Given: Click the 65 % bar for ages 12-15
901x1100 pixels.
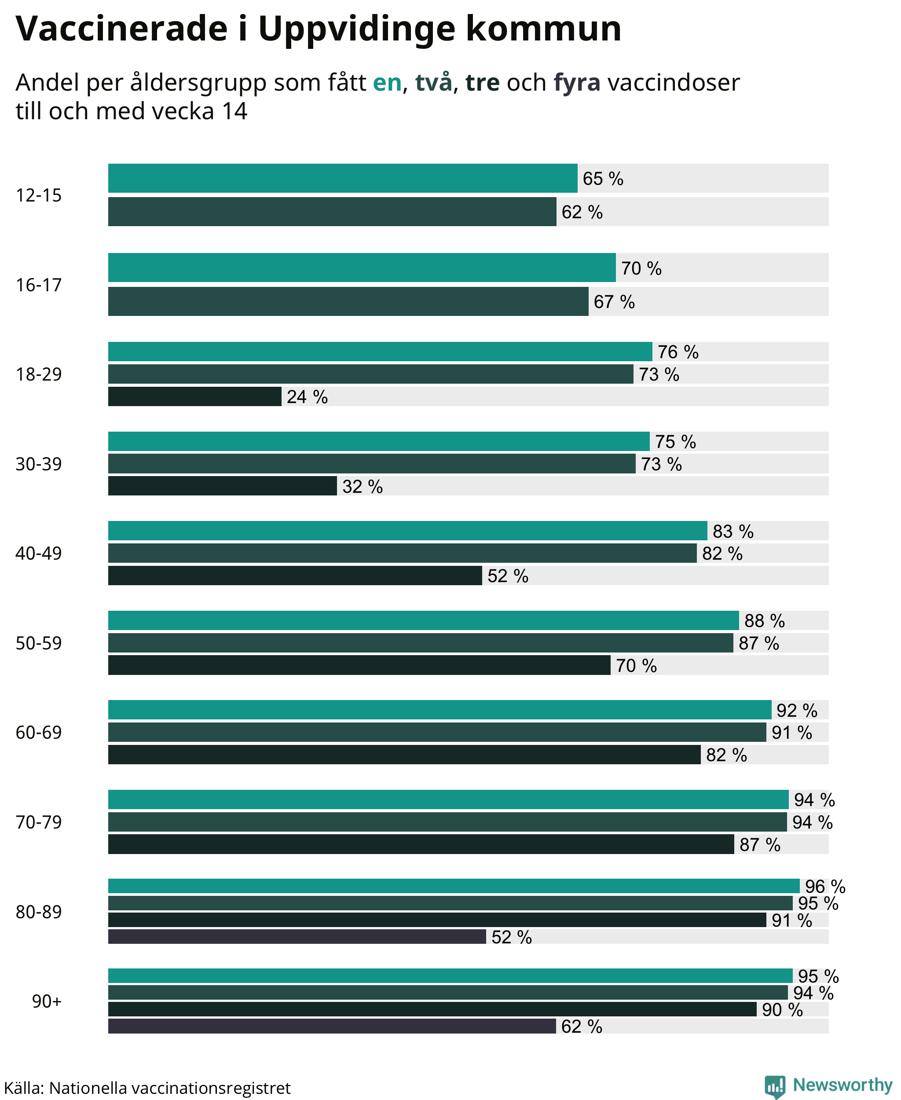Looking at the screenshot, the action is coord(343,178).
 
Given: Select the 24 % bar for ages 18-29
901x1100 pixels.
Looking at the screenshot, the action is coord(194,396).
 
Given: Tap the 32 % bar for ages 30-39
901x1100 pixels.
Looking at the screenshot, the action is coord(222,486).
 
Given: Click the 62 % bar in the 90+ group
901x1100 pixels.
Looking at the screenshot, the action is coord(332,1026).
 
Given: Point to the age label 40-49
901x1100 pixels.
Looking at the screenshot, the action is coord(38,554).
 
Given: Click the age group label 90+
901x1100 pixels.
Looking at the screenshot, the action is coord(47,1001).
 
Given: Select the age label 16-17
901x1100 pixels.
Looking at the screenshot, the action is coord(38,285).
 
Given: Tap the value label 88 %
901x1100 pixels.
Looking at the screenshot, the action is coord(765,621).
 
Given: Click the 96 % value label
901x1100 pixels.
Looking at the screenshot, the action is coord(825,886).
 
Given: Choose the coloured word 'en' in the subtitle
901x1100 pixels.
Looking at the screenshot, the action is coord(387,83).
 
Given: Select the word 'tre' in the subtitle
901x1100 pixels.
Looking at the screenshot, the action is coord(482,83).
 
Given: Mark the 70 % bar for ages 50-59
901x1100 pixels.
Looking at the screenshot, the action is coord(359,665).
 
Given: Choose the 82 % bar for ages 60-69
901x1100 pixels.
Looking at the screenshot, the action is coord(404,754).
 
